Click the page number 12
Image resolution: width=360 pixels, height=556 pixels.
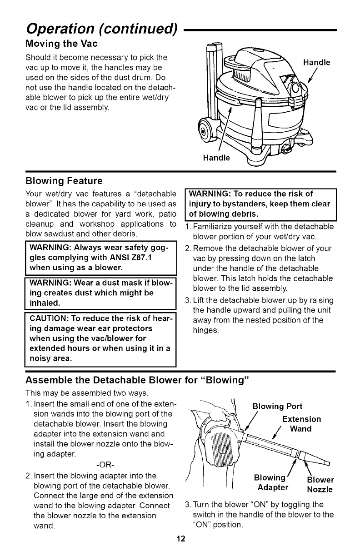(180, 540)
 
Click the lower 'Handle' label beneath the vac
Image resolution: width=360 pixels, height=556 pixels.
(217, 158)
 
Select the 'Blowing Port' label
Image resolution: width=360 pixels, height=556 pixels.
(278, 406)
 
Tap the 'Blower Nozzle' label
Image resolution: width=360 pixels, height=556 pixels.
(320, 485)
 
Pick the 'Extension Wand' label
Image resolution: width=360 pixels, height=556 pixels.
(301, 424)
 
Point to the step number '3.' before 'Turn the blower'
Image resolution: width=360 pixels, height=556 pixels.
(188, 505)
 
